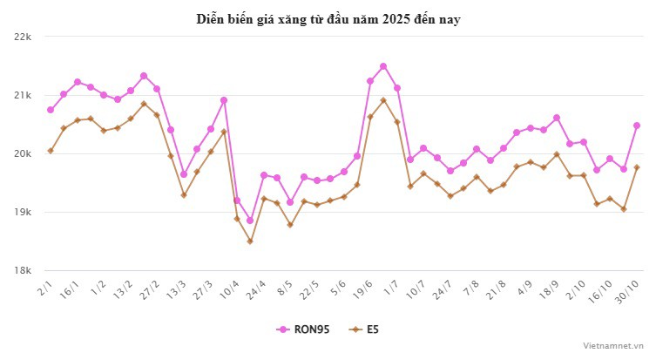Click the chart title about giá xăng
pos(328,19)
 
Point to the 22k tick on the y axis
pos(23,37)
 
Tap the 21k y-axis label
pos(23,95)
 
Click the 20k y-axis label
pos(23,153)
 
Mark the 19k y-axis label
pos(23,212)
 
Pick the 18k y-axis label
pos(23,270)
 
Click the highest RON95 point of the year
pos(383,66)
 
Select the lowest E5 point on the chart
pos(250,241)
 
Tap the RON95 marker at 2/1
pos(51,110)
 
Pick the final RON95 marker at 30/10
pos(637,126)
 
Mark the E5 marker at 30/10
pos(637,167)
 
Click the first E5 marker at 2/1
pos(51,151)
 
